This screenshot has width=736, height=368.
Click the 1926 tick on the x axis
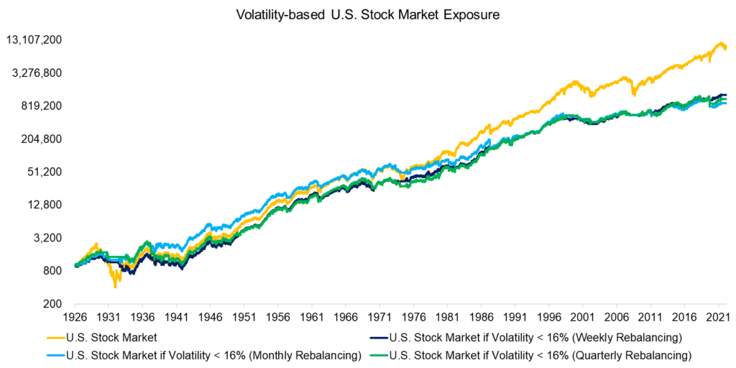coord(75,317)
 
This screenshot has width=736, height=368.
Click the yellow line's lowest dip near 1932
coord(115,287)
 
